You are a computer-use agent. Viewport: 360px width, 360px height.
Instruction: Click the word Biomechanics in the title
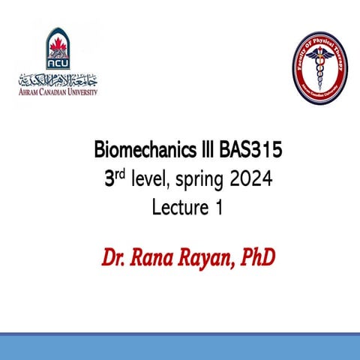[138, 151]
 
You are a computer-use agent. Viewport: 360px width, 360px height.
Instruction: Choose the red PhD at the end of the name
[259, 259]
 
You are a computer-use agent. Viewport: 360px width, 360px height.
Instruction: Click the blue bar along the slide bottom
[180, 345]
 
